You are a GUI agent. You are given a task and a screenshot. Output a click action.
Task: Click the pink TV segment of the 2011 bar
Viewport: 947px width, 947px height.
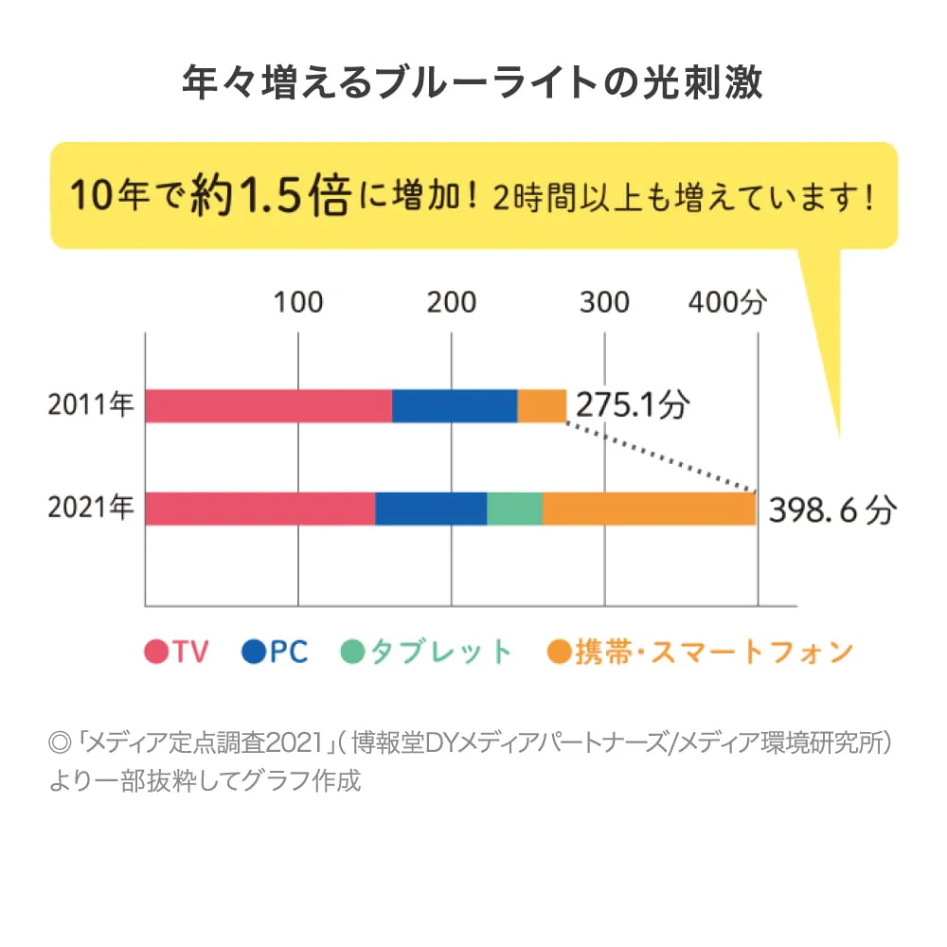[269, 406]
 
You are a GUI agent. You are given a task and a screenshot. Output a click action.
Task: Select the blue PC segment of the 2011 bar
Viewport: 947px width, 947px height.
[455, 406]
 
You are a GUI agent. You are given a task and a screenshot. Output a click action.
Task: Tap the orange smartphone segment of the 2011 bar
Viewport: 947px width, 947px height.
[542, 406]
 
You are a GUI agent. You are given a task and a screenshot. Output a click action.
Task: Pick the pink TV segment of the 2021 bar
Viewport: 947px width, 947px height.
[260, 509]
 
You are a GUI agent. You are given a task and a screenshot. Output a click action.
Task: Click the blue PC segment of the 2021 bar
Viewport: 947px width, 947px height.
[431, 509]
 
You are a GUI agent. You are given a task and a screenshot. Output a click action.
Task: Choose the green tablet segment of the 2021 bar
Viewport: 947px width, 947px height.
[514, 509]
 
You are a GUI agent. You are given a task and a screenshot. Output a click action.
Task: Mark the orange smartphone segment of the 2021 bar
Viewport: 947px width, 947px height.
[650, 509]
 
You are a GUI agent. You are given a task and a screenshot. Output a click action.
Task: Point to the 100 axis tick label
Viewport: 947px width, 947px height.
[298, 302]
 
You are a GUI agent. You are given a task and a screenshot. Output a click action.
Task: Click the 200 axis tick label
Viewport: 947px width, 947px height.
[452, 302]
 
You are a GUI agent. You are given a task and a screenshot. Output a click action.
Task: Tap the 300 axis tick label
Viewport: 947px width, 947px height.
[604, 302]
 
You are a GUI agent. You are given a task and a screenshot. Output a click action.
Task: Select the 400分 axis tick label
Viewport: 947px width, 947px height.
[727, 301]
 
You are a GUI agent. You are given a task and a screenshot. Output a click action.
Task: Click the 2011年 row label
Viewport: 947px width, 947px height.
[91, 404]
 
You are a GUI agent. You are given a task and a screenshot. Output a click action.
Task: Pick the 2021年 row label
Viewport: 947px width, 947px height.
[91, 507]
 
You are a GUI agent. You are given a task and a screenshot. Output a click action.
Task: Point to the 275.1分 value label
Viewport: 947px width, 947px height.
[633, 404]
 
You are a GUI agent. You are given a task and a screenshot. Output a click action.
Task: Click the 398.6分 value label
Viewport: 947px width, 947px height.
[832, 510]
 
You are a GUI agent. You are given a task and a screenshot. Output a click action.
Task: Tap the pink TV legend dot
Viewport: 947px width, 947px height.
[156, 652]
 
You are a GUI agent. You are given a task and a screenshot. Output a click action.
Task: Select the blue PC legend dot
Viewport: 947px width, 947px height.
[254, 652]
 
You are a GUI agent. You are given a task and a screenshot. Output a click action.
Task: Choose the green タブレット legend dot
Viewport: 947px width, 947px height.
[353, 652]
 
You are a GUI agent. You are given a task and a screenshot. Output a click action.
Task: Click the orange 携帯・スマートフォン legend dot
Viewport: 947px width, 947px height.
[560, 652]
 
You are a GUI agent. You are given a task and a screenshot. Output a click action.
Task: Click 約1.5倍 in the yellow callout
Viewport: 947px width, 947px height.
[271, 196]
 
